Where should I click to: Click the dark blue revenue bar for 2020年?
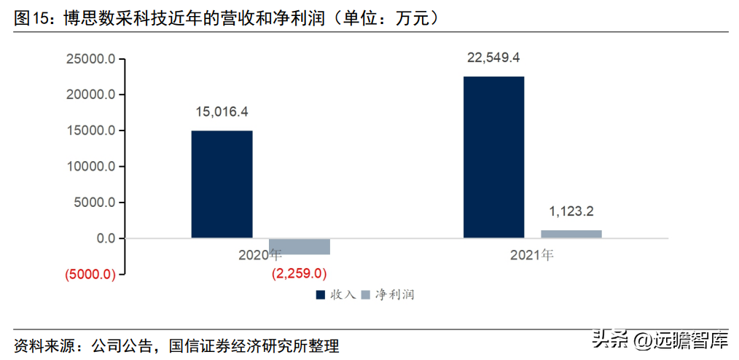222,184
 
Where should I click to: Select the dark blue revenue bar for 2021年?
494,157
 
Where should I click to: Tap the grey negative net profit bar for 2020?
300,246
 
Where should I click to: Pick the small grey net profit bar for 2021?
571,234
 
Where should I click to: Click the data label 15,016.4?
222,112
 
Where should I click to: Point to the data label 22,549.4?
493,58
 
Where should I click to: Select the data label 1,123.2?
571,211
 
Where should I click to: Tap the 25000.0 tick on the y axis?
90,59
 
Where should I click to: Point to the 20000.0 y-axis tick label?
90,95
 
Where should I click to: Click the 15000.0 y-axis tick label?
90,130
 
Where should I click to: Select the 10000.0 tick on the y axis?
90,166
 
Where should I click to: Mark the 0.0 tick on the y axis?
106,238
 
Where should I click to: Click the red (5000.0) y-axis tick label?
90,274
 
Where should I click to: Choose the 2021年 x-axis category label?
531,255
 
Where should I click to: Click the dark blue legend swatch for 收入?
321,295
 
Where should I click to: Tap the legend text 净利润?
395,295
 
